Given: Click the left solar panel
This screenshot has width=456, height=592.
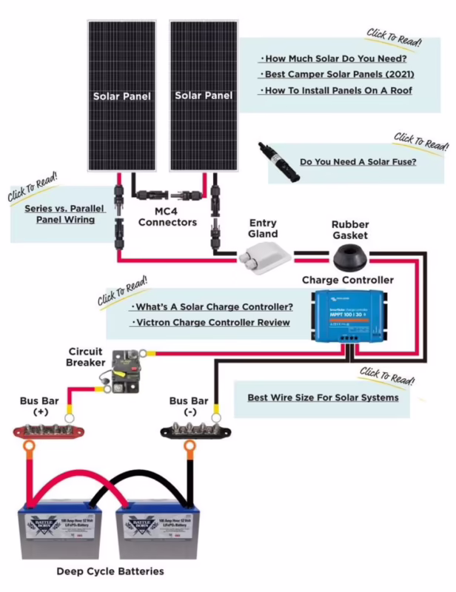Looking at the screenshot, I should tap(121, 96).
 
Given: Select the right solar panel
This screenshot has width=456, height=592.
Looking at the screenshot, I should tap(204, 96).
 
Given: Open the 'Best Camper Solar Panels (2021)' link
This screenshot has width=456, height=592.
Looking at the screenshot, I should tap(335, 75).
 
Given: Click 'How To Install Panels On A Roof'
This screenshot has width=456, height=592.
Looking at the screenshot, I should tap(335, 91).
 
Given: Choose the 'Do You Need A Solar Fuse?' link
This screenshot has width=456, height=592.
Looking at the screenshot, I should tap(358, 161).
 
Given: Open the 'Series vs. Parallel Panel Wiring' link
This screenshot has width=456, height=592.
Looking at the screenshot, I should tap(60, 214).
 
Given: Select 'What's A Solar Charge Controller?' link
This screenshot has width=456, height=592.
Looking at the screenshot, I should tap(211, 306).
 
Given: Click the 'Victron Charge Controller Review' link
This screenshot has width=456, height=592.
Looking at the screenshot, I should tap(210, 323).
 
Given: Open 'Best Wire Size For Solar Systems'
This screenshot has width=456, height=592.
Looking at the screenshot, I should tap(323, 397).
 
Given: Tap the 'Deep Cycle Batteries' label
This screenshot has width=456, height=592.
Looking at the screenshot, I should tap(110, 571).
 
